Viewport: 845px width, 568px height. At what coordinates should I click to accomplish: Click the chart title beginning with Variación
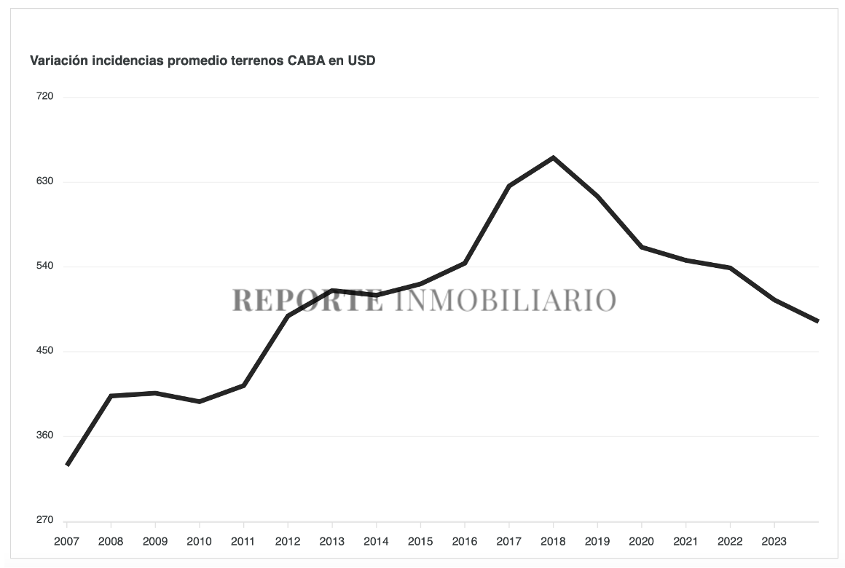pos(203,60)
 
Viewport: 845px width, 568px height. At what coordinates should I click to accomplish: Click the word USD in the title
pos(361,60)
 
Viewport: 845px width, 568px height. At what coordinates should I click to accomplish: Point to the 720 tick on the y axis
pos(45,97)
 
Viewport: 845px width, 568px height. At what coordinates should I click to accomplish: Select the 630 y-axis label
pos(45,181)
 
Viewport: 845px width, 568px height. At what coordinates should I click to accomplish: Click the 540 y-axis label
pos(45,267)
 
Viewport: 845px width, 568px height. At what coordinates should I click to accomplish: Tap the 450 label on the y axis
pos(45,351)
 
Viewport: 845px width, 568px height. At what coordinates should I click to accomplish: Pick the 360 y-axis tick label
pos(45,435)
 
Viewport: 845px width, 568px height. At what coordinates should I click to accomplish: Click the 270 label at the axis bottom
pos(45,521)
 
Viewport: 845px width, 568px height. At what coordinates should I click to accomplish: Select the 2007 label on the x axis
pos(66,542)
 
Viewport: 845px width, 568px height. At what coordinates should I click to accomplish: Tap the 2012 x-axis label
pos(288,542)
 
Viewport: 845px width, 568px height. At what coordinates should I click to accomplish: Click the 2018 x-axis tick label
pos(553,542)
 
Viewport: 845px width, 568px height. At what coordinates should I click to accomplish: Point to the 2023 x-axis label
pos(774,542)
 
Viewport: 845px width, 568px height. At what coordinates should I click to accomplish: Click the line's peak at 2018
pos(553,157)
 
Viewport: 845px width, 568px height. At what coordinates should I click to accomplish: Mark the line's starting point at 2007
pos(67,465)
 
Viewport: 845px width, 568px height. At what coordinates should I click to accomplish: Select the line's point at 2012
pos(288,316)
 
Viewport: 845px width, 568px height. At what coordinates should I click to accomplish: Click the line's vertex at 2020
pos(642,248)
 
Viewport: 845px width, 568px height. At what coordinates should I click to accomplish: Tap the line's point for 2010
pos(199,401)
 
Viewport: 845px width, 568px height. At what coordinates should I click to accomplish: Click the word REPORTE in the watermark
pos(307,300)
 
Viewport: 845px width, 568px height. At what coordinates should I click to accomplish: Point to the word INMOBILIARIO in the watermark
pos(506,300)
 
